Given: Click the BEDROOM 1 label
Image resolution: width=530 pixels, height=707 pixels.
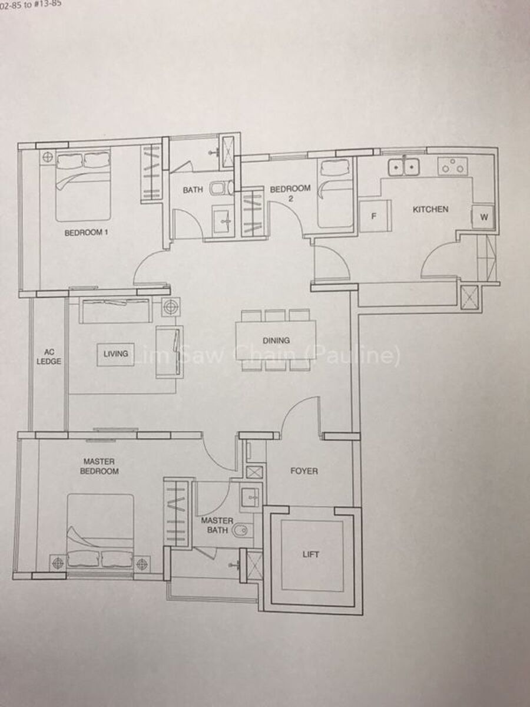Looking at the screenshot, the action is [86, 233].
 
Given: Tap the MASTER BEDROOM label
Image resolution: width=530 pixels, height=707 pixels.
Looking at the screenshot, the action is [99, 466].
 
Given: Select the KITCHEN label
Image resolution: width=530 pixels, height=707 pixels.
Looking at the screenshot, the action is [430, 209].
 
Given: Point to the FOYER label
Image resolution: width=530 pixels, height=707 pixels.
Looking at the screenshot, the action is [304, 471].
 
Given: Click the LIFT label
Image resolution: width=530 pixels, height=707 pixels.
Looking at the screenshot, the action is [311, 554].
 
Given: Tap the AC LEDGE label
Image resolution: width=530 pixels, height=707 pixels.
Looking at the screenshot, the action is [49, 357].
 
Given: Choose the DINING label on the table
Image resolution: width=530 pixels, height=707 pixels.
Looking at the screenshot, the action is [276, 341].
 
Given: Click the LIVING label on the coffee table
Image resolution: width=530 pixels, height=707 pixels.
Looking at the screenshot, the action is [116, 353].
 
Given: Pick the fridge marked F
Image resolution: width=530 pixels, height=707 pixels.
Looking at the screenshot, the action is [376, 216].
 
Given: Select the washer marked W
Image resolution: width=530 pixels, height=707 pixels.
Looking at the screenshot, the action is [483, 217].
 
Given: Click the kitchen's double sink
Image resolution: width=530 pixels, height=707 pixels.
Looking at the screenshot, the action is [404, 167].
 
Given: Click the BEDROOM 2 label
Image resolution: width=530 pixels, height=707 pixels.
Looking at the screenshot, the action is [290, 193].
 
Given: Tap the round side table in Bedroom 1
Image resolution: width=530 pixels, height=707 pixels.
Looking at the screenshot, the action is [48, 157].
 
